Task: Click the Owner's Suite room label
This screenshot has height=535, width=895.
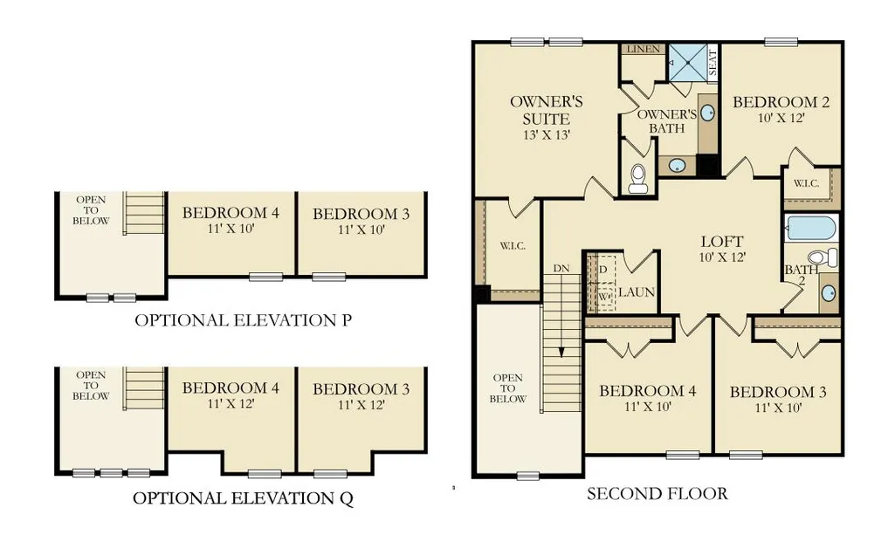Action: coord(547,111)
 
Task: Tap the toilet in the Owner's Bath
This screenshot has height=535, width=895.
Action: coord(637,178)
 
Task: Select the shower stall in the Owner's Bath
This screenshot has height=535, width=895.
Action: coord(688,62)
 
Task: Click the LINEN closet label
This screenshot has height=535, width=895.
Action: coord(644,49)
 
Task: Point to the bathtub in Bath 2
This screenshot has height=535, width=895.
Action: coord(810,228)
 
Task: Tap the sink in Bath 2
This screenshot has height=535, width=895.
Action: coord(829,293)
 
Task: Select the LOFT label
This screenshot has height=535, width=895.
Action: coord(722,241)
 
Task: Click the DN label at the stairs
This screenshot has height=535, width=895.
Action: coord(561,268)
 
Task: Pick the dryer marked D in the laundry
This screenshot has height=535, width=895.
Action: coord(602,269)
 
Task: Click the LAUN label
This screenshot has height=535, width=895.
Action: coord(637,292)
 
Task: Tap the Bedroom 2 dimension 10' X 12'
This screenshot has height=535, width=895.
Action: coord(781,118)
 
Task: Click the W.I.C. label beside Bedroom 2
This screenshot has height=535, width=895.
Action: coord(806,183)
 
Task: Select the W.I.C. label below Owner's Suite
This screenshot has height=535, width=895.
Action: coord(513,246)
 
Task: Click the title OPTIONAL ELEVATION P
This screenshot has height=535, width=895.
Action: coord(243,320)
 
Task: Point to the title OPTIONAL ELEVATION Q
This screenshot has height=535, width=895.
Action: coord(243,498)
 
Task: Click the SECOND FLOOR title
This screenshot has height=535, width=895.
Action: coord(657,493)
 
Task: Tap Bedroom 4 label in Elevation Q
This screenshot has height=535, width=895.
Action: coord(231,388)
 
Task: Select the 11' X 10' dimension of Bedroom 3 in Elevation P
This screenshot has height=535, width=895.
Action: coord(361,230)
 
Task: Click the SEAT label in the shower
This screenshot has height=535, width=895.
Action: coord(713,63)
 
